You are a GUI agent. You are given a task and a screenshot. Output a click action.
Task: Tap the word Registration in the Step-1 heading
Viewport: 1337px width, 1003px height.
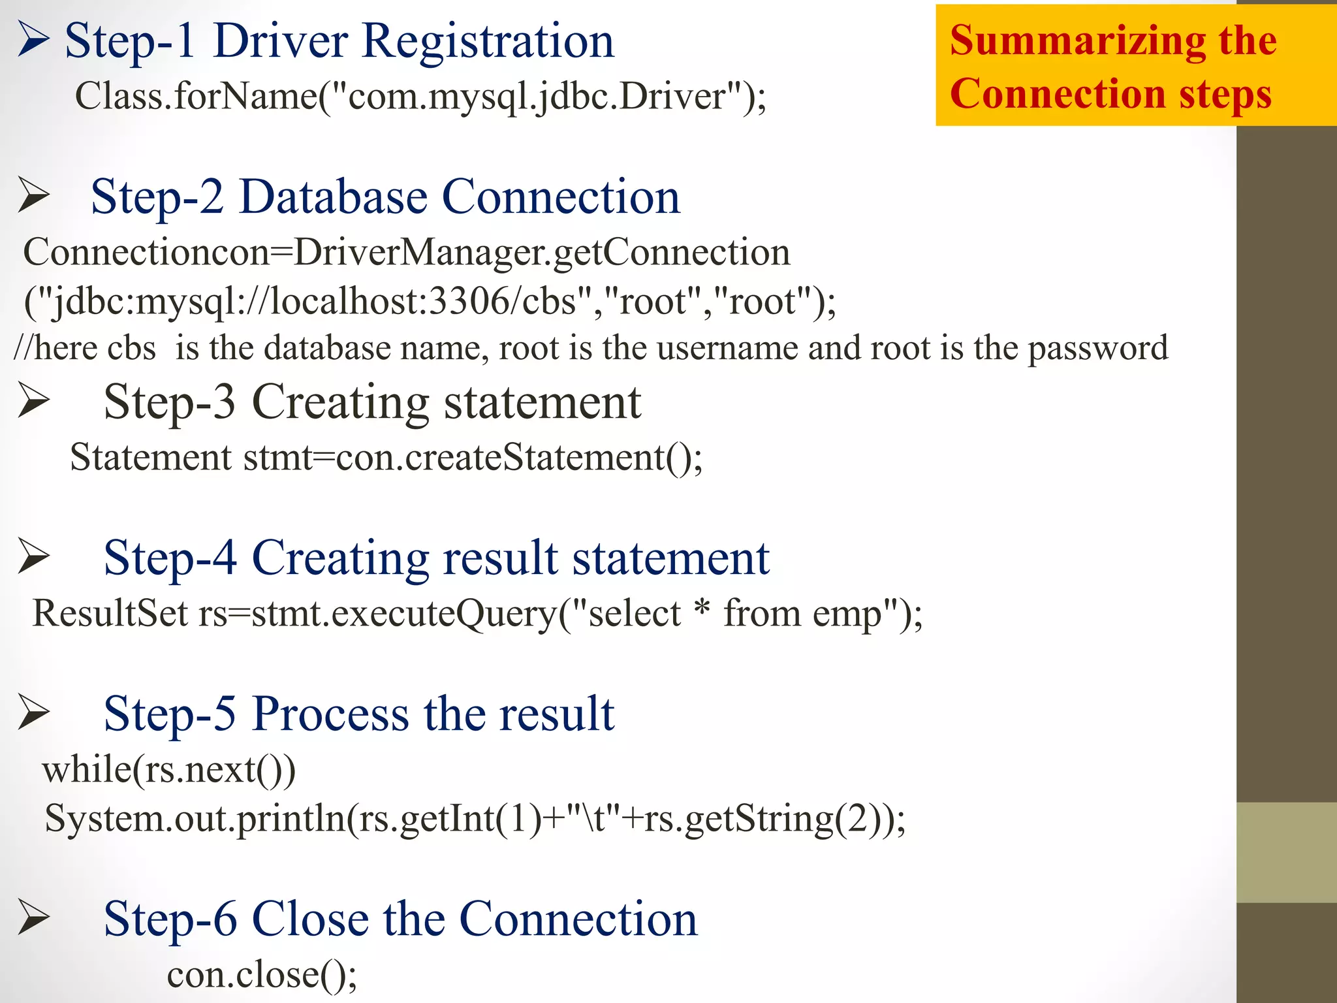pos(488,41)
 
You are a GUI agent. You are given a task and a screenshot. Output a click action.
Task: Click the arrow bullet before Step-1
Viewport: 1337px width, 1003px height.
pos(33,39)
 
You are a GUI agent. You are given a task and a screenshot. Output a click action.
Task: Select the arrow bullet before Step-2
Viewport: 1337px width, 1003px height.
pos(33,195)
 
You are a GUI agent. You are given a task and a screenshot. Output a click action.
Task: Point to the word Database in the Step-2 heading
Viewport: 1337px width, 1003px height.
pos(333,197)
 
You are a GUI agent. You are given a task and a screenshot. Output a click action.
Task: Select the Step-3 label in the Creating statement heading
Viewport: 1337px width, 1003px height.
pos(169,402)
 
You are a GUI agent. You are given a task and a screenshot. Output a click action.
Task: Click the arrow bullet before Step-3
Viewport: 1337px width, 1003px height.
pos(33,400)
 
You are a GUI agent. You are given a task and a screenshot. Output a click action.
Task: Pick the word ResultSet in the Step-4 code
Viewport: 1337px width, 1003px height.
pos(110,613)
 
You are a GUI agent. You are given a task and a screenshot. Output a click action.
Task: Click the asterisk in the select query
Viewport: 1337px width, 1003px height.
pos(702,609)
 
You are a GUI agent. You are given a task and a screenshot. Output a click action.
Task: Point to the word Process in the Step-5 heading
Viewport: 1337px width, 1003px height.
pos(330,714)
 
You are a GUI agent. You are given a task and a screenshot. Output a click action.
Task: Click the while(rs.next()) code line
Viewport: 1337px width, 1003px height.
pos(169,770)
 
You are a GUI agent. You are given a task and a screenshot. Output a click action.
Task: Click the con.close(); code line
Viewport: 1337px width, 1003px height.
pos(262,975)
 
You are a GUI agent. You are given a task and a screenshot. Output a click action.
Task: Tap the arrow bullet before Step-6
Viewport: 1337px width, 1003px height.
pos(33,917)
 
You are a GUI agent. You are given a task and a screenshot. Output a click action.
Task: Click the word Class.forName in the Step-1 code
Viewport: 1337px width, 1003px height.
pos(196,97)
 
